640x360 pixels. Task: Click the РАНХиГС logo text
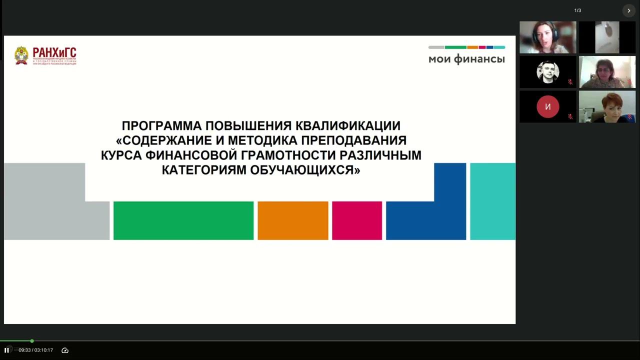click(x=54, y=53)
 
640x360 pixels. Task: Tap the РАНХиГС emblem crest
click(x=21, y=55)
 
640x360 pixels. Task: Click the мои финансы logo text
click(x=466, y=59)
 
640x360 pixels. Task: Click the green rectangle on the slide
click(x=183, y=220)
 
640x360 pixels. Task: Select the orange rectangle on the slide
click(x=293, y=220)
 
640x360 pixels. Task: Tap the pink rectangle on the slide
click(x=357, y=220)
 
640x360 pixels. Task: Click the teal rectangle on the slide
click(x=492, y=201)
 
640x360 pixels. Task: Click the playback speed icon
click(x=64, y=350)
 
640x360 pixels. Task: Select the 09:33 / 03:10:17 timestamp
click(x=36, y=350)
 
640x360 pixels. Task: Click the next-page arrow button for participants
click(x=628, y=10)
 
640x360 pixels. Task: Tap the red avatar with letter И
click(x=547, y=106)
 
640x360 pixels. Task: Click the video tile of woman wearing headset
click(x=547, y=37)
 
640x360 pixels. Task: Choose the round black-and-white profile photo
click(x=547, y=72)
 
